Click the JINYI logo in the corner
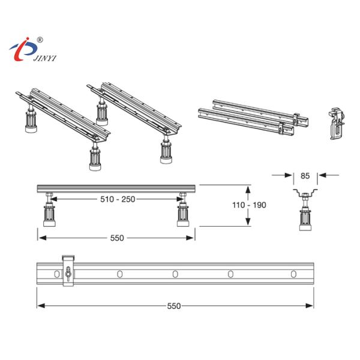(28, 50)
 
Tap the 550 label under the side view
(116, 238)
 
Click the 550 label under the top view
(174, 306)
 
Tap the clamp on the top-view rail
(68, 272)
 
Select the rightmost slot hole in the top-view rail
(293, 274)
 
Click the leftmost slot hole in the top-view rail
(57, 274)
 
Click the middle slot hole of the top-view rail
(175, 274)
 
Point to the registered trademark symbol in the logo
(40, 40)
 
